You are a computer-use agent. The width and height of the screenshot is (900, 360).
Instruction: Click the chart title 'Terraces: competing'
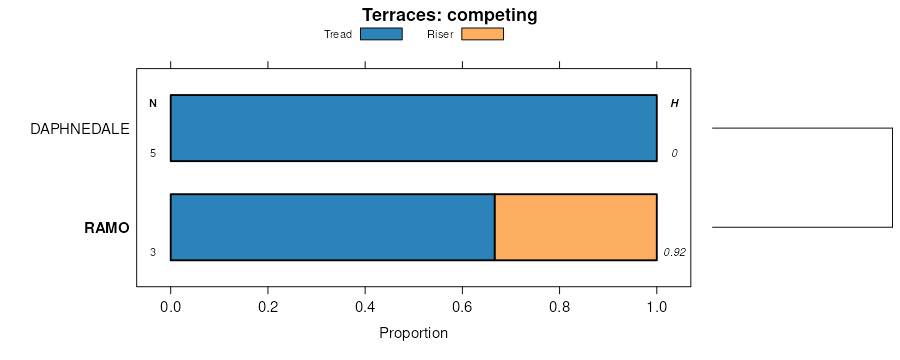(x=449, y=14)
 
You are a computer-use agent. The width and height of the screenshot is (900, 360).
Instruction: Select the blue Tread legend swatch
(x=381, y=34)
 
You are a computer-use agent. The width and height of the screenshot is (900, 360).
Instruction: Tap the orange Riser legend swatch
(x=482, y=34)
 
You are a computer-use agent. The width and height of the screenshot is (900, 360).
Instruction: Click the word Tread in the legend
(x=338, y=34)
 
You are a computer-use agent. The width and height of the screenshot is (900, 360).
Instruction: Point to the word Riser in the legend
(x=440, y=34)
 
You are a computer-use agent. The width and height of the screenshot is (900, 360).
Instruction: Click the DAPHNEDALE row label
(x=80, y=129)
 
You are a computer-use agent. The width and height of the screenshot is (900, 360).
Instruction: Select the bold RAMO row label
(x=107, y=228)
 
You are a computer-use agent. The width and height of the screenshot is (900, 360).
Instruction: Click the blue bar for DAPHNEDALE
(x=413, y=128)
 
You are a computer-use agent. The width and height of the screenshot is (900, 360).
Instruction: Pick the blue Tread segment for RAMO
(x=332, y=227)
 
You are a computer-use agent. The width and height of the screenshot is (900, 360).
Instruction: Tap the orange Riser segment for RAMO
(x=576, y=227)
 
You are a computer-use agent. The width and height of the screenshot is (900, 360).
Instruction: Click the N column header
(x=153, y=103)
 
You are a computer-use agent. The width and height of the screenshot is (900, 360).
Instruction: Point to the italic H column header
(x=674, y=103)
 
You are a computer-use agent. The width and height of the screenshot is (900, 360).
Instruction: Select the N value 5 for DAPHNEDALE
(x=153, y=153)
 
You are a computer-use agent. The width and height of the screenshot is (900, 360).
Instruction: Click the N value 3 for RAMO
(x=153, y=252)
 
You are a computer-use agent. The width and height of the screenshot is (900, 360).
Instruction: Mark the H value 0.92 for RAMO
(x=674, y=252)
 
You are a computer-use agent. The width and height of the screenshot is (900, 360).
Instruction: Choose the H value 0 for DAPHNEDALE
(x=674, y=153)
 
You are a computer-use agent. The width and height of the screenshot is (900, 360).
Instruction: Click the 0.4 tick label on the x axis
(x=365, y=307)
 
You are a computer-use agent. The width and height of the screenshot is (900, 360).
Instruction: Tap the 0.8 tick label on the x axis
(x=560, y=307)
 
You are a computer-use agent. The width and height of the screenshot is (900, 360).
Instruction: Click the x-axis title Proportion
(x=413, y=333)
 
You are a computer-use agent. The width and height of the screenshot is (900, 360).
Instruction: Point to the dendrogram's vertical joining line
(x=893, y=177)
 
